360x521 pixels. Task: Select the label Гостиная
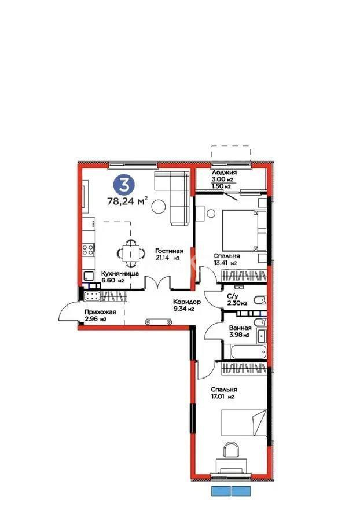pyautogui.click(x=169, y=251)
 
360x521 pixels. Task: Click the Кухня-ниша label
pyautogui.click(x=120, y=274)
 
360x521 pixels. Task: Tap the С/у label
pyautogui.click(x=234, y=295)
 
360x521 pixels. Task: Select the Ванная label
pyautogui.click(x=237, y=327)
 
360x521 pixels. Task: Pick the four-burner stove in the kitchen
pyautogui.click(x=89, y=251)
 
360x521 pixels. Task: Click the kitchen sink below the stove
pyautogui.click(x=89, y=276)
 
